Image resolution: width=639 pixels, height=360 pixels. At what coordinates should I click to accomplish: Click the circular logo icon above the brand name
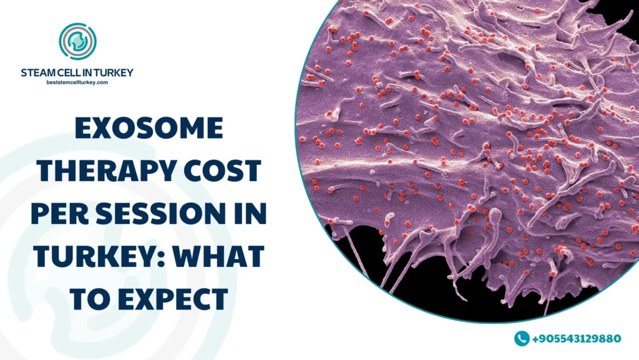pos(77,42)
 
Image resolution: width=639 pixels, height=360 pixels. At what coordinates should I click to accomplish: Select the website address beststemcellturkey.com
pos(77,82)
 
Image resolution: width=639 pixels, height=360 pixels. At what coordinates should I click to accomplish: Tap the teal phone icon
pos(522,338)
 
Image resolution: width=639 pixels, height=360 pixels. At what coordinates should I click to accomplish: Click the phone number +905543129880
pos(576,339)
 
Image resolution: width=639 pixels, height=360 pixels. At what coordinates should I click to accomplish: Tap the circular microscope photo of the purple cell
pos(474,156)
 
